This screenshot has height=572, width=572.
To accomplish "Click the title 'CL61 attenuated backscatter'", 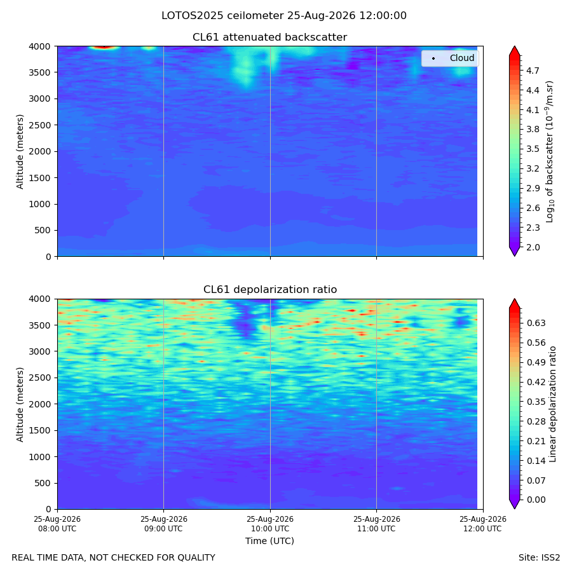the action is coord(269,37).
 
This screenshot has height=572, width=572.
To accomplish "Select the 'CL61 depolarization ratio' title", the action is coord(270,289).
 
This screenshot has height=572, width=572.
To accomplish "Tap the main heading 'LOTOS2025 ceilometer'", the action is coord(222,16).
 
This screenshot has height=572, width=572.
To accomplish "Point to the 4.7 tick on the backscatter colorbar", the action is coord(532,71).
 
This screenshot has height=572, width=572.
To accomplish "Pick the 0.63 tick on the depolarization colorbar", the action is coord(536,323).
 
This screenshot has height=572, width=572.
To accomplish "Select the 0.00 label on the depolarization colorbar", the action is coord(536,500).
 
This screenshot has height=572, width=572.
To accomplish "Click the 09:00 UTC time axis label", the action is coord(163,524).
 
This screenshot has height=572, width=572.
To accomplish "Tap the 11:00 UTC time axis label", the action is coord(376,524).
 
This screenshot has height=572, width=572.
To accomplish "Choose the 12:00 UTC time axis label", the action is coord(482,524).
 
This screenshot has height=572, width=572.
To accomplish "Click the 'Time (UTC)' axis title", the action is coord(269,541).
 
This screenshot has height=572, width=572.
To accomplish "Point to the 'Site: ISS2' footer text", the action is coord(539,557).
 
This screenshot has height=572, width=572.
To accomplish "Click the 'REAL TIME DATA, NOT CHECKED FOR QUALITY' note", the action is coord(113,557).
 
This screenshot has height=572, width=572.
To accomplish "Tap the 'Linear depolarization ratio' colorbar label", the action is coord(552,404).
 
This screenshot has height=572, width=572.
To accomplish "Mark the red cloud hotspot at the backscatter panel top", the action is coord(105,47).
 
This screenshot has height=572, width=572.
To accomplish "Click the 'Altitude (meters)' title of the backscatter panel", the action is coord(20,151).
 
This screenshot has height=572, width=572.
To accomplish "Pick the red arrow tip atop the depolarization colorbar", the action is coord(514,299).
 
